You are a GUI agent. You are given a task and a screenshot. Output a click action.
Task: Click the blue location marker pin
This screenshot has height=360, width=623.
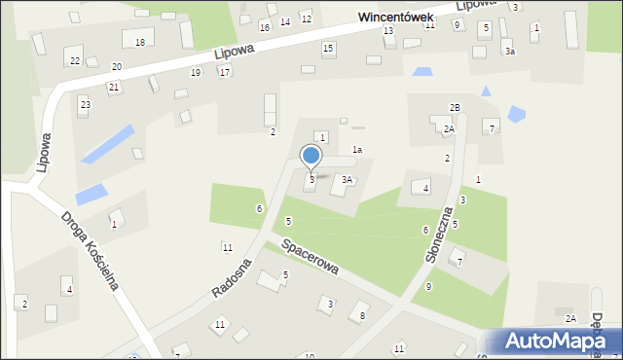click(x=311, y=156)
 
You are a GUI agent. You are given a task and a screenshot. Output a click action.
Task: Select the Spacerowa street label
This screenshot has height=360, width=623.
click(x=309, y=254)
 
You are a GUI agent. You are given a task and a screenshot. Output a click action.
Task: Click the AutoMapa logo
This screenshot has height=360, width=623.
click(x=555, y=341)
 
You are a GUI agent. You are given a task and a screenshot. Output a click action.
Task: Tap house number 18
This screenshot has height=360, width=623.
click(x=140, y=42)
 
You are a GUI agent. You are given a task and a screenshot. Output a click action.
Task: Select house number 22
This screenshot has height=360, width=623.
click(x=75, y=60)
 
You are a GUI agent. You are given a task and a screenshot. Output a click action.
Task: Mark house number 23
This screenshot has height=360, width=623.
click(x=85, y=103)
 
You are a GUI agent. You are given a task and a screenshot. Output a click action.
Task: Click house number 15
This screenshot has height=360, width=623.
click(x=328, y=48)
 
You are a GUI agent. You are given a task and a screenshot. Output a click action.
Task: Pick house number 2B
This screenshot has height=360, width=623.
click(x=455, y=107)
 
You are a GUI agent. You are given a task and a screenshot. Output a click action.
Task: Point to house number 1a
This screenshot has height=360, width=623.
click(x=357, y=150)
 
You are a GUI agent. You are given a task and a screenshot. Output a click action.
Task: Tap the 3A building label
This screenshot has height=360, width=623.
click(x=347, y=180)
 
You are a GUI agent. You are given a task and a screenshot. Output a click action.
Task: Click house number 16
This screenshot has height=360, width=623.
click(x=264, y=26)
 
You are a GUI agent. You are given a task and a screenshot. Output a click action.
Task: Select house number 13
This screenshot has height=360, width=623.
click(x=388, y=31)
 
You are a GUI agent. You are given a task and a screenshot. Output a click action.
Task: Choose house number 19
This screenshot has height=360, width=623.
click(x=196, y=72)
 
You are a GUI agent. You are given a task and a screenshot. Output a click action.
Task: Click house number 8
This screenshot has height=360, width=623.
click(x=363, y=315)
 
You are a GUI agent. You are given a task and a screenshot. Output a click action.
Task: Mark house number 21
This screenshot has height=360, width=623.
click(x=114, y=88)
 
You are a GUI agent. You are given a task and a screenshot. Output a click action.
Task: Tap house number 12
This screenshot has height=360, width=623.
click(x=306, y=18)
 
